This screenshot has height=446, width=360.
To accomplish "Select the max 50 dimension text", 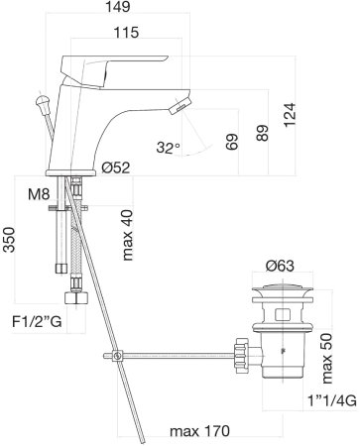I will pos(326,350).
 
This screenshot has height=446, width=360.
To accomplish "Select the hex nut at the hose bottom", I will pos(72,298).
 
